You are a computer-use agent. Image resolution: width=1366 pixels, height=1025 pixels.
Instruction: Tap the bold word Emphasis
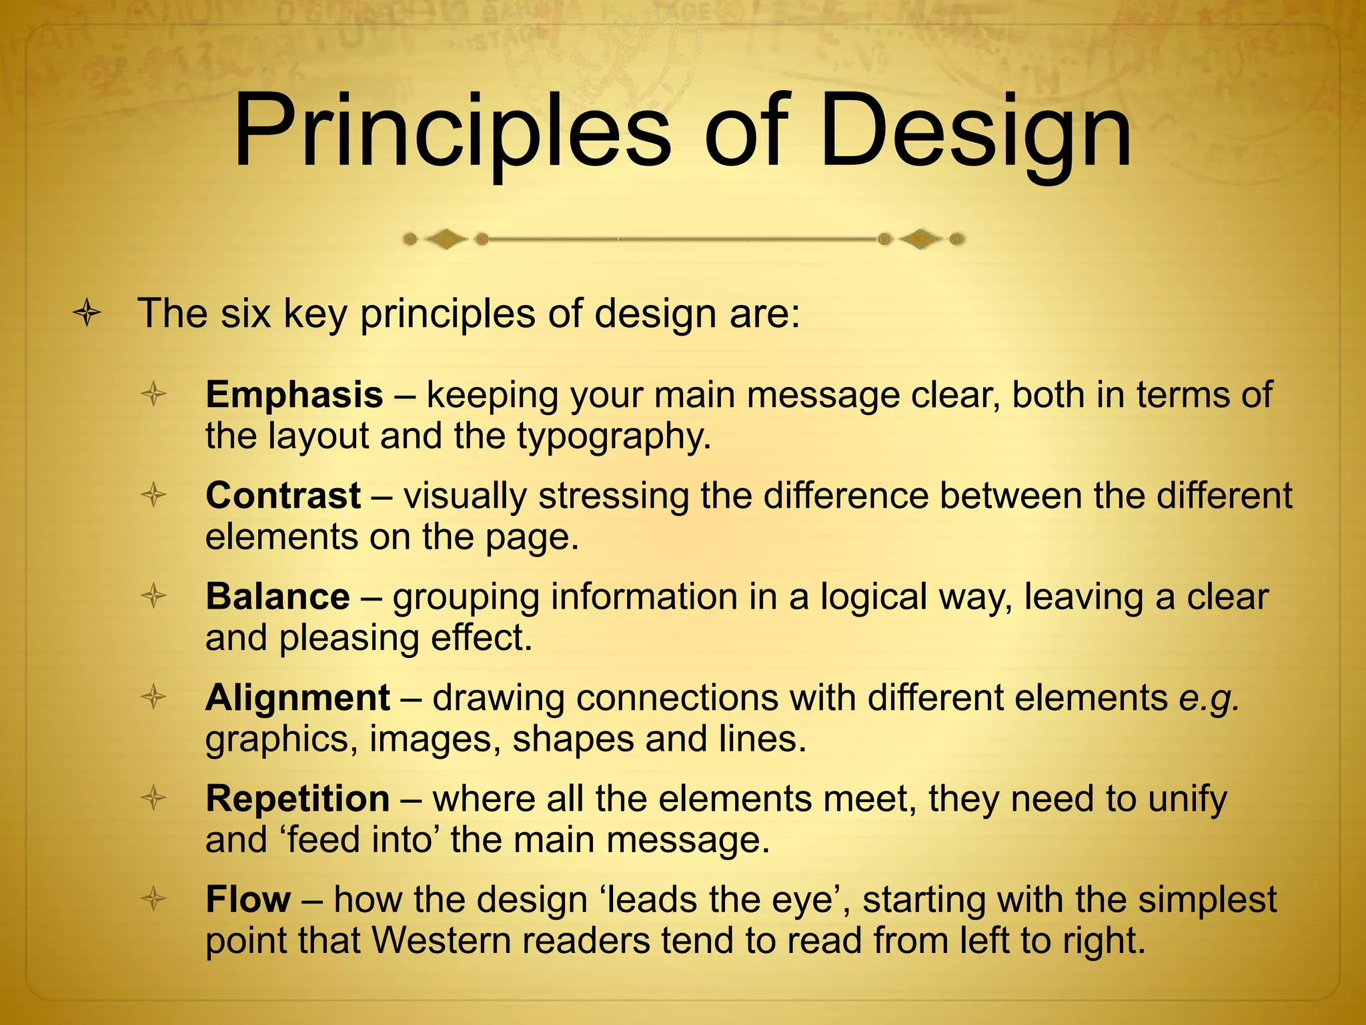point(294,394)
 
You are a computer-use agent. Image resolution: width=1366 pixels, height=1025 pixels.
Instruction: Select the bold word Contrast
point(283,496)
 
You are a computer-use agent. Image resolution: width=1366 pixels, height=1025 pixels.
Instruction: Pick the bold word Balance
point(277,597)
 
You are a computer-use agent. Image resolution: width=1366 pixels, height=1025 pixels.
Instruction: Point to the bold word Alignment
point(297,698)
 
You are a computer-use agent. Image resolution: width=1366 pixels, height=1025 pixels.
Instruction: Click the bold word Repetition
point(297,799)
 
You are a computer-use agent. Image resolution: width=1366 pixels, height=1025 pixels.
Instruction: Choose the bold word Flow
point(248,900)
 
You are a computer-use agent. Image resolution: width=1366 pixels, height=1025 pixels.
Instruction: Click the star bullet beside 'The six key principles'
point(87,314)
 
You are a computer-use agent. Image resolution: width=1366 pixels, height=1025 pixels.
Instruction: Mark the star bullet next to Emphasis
point(153,394)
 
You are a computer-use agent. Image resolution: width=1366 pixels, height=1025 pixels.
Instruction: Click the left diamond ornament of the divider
point(446,239)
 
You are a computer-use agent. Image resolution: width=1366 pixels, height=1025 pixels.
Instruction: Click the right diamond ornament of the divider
point(921,239)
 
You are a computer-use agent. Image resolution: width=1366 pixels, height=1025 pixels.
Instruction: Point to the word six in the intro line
point(245,314)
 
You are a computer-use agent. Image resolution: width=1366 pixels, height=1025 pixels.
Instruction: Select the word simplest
point(1207,900)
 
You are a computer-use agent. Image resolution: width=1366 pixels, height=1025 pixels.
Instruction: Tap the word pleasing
point(349,639)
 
